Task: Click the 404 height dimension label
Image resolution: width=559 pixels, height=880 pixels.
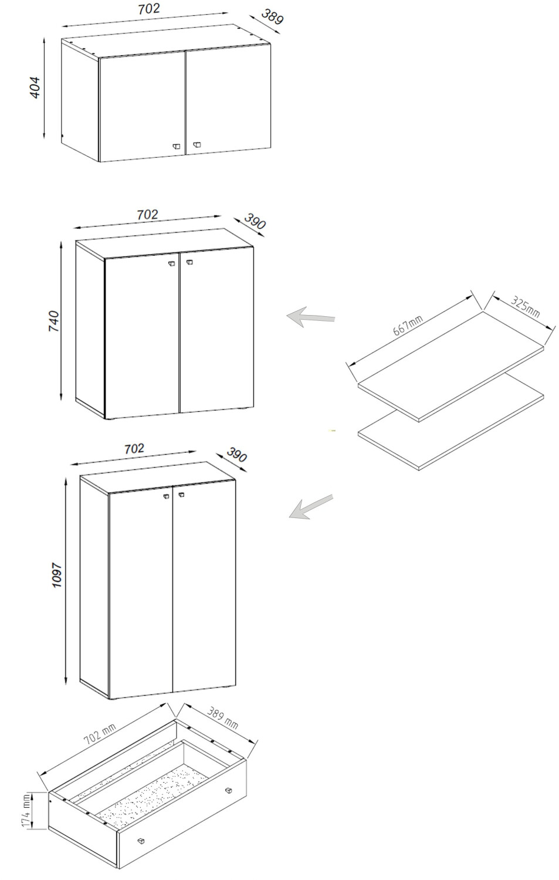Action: (35, 87)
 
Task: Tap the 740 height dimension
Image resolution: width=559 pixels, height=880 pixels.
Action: (53, 321)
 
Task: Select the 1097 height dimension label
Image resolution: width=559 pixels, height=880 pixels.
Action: (57, 575)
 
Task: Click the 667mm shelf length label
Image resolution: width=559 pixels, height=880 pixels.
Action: (408, 325)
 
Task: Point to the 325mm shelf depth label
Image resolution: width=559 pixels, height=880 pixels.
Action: (526, 306)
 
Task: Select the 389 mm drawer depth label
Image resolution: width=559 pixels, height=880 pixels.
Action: (222, 719)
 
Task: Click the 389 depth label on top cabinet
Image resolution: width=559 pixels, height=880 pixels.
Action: (272, 17)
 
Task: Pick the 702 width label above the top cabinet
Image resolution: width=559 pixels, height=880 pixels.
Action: (149, 9)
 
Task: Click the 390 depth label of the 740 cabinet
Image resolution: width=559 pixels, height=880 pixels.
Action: (255, 222)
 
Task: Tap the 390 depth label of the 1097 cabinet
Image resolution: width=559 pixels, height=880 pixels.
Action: (236, 455)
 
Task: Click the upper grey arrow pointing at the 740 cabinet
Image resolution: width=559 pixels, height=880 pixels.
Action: (311, 316)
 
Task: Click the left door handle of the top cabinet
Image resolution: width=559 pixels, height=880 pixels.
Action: (176, 146)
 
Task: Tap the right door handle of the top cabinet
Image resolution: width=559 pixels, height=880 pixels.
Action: (197, 144)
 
